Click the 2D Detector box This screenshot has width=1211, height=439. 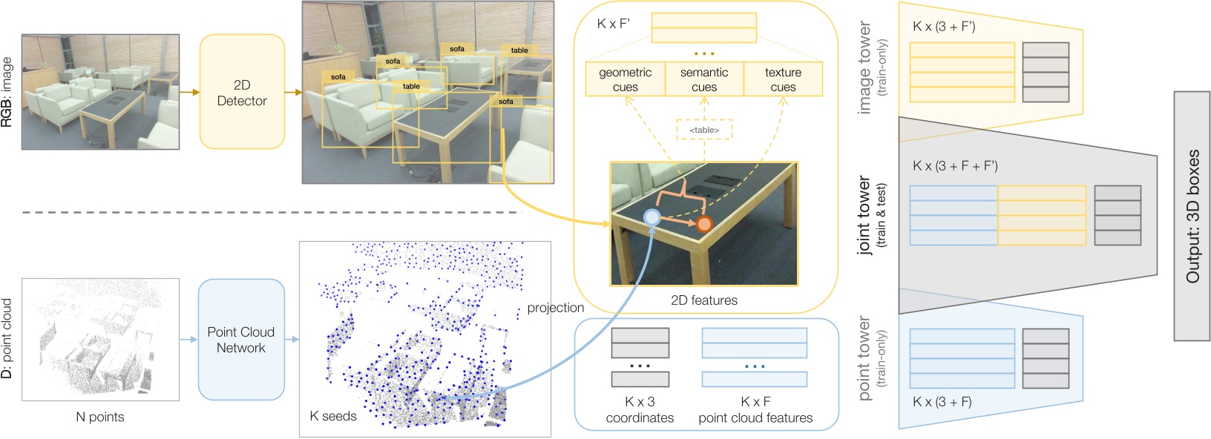pyautogui.click(x=242, y=92)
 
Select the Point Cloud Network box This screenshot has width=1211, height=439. pyautogui.click(x=241, y=340)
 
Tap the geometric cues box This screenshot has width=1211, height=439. pyautogui.click(x=625, y=79)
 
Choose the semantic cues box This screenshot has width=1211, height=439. pyautogui.click(x=704, y=79)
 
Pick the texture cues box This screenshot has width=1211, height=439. pyautogui.click(x=783, y=79)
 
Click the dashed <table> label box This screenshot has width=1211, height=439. pyautogui.click(x=704, y=130)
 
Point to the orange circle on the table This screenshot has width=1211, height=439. pyautogui.click(x=704, y=223)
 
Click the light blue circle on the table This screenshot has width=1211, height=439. pyautogui.click(x=652, y=217)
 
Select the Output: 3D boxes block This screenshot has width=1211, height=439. pyautogui.click(x=1192, y=216)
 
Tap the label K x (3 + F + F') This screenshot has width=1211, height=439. pyautogui.click(x=955, y=166)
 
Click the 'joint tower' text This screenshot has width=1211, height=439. pyautogui.click(x=864, y=215)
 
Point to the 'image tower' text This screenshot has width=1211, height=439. pyautogui.click(x=864, y=67)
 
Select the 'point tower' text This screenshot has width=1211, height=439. pyautogui.click(x=864, y=358)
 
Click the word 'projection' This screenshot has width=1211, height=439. pyautogui.click(x=555, y=308)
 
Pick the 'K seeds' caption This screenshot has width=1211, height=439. pyautogui.click(x=333, y=416)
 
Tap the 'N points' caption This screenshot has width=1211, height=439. pyautogui.click(x=100, y=417)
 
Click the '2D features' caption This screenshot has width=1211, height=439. pyautogui.click(x=704, y=300)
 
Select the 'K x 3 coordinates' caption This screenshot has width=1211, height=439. pyautogui.click(x=640, y=410)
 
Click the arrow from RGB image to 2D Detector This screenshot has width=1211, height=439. pyautogui.click(x=190, y=92)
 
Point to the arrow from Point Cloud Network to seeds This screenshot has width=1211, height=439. pyautogui.click(x=292, y=340)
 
